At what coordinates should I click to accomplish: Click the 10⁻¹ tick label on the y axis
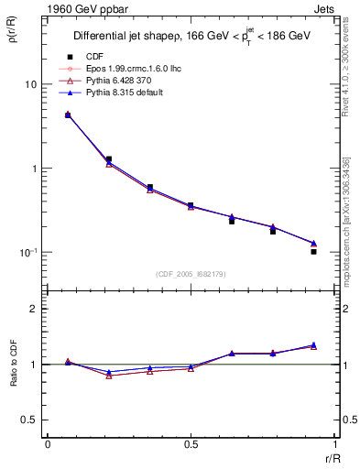tap(27, 253)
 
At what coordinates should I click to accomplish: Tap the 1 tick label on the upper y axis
tap(34, 169)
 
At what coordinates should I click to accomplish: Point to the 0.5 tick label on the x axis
tap(190, 444)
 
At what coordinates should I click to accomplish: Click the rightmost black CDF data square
tap(313, 251)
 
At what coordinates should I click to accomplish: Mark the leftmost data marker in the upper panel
tap(68, 115)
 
